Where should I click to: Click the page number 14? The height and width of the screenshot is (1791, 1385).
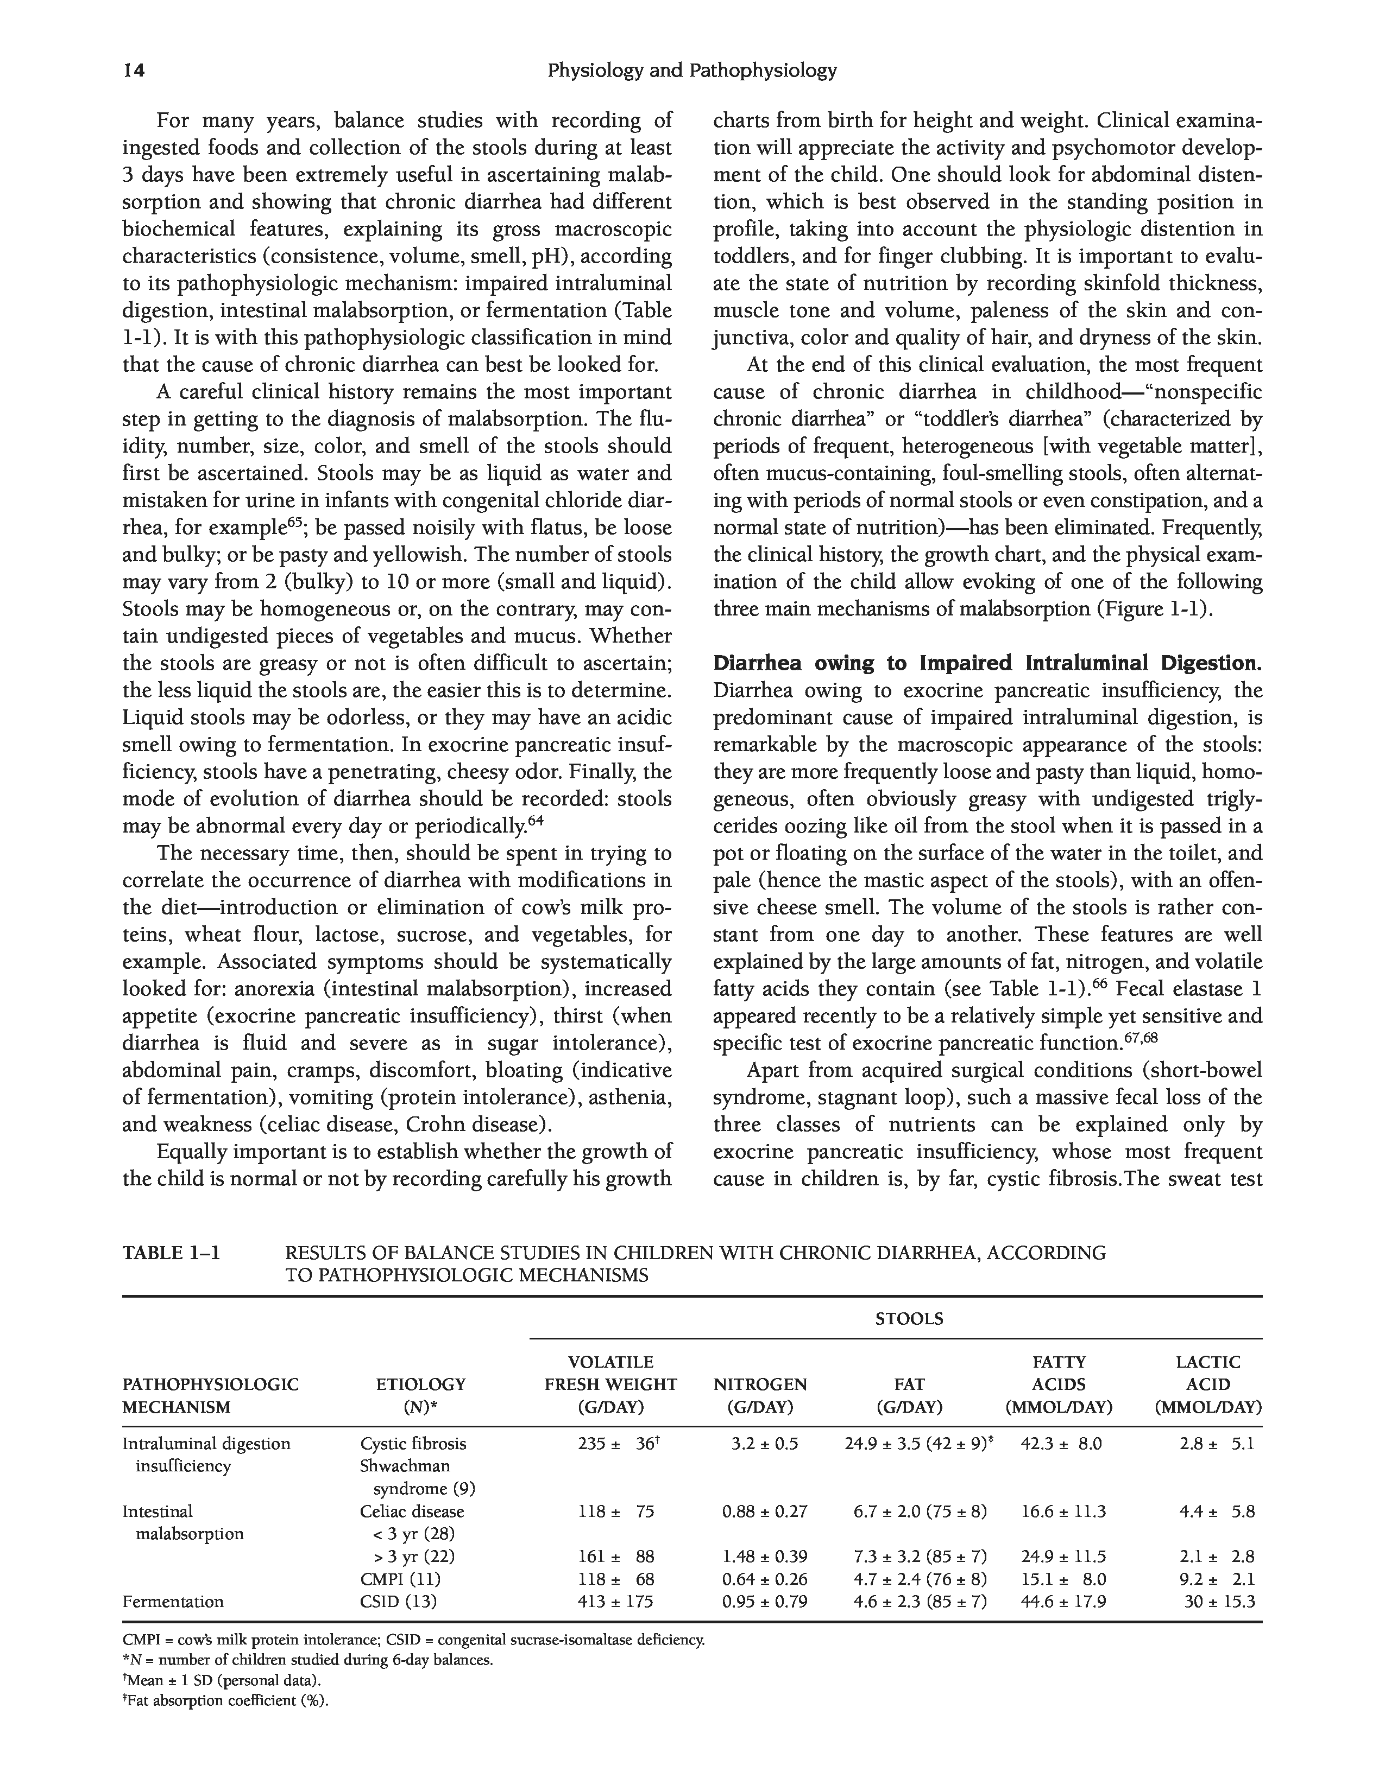pyautogui.click(x=134, y=71)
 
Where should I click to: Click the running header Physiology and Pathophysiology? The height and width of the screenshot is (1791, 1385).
pyautogui.click(x=691, y=71)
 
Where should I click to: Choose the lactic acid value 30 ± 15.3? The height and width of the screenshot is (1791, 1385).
pyautogui.click(x=1219, y=1602)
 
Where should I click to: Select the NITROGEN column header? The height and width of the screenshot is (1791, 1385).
pyautogui.click(x=760, y=1385)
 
